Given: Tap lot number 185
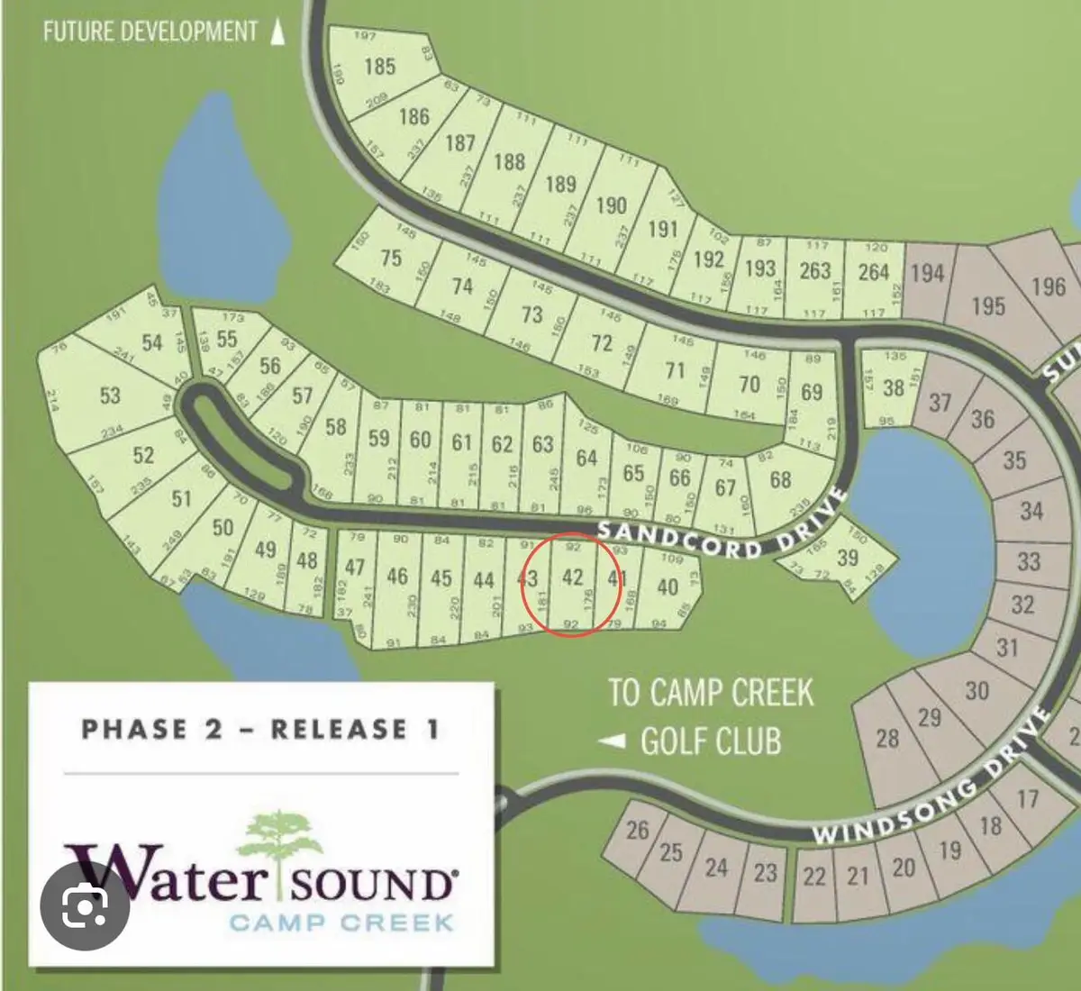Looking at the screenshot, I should [380, 66].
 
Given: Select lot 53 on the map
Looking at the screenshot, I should [110, 395].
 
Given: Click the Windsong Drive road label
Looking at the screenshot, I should [932, 777].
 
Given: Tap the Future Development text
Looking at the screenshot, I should [150, 32].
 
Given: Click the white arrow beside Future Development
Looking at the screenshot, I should [278, 32].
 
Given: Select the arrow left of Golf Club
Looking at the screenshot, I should [613, 741].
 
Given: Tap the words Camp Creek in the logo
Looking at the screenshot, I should [341, 923].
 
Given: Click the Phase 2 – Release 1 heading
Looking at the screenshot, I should [260, 729].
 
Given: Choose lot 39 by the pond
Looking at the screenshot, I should [847, 558].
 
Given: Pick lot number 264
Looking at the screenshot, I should [873, 271].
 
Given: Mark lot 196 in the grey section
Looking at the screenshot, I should [1048, 286].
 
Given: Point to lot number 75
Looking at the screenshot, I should [390, 259].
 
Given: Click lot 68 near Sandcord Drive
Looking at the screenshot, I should [780, 479].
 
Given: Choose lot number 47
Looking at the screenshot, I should [355, 568].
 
